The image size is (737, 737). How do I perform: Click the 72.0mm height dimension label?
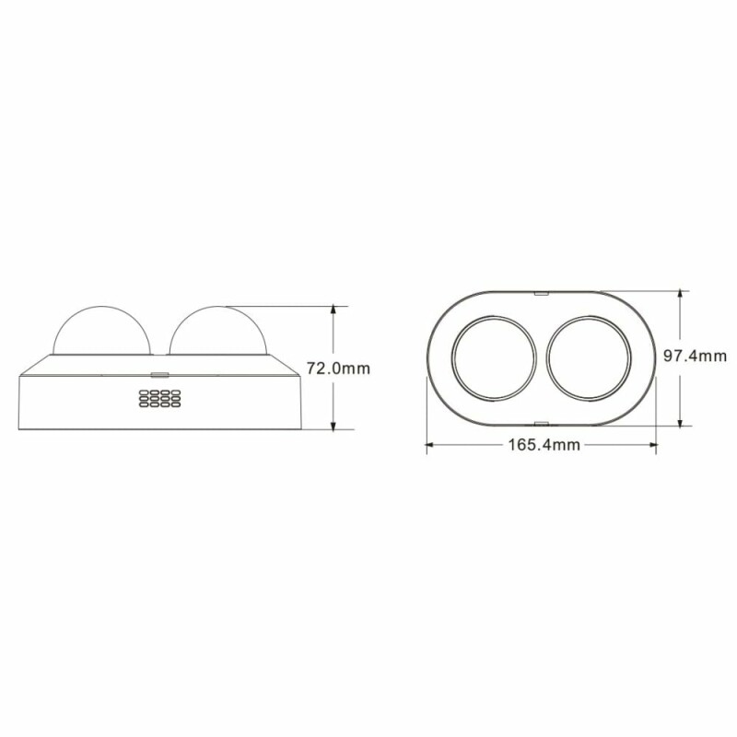click(x=338, y=368)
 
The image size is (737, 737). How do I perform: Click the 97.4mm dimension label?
click(x=695, y=356)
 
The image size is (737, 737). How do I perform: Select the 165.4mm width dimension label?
click(x=544, y=444)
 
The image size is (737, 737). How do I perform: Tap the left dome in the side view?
click(x=101, y=330)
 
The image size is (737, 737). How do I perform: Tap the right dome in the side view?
click(x=217, y=330)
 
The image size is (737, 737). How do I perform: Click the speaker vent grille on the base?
click(x=159, y=398)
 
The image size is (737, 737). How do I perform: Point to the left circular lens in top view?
click(x=494, y=358)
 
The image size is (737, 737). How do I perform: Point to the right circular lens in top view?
click(x=589, y=358)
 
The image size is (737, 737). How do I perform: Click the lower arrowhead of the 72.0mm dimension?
click(x=333, y=425)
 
